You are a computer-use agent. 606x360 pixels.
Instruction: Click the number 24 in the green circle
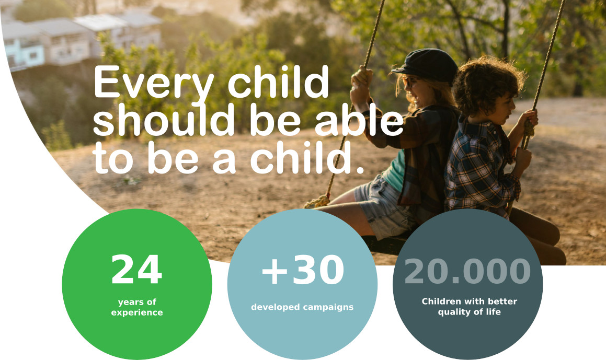[x=136, y=269]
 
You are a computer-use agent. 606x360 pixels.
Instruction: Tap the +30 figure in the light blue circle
[x=303, y=270]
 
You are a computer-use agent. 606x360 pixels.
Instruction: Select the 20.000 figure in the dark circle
[x=467, y=271]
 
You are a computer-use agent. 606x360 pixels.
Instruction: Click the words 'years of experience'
[x=137, y=307]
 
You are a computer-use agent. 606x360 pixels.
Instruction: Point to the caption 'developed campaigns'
[x=302, y=307]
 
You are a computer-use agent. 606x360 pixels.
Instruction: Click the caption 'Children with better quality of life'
[x=469, y=307]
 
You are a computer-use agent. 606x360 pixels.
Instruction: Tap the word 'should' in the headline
[x=164, y=119]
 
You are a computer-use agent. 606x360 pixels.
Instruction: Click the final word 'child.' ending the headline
[x=307, y=158]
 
